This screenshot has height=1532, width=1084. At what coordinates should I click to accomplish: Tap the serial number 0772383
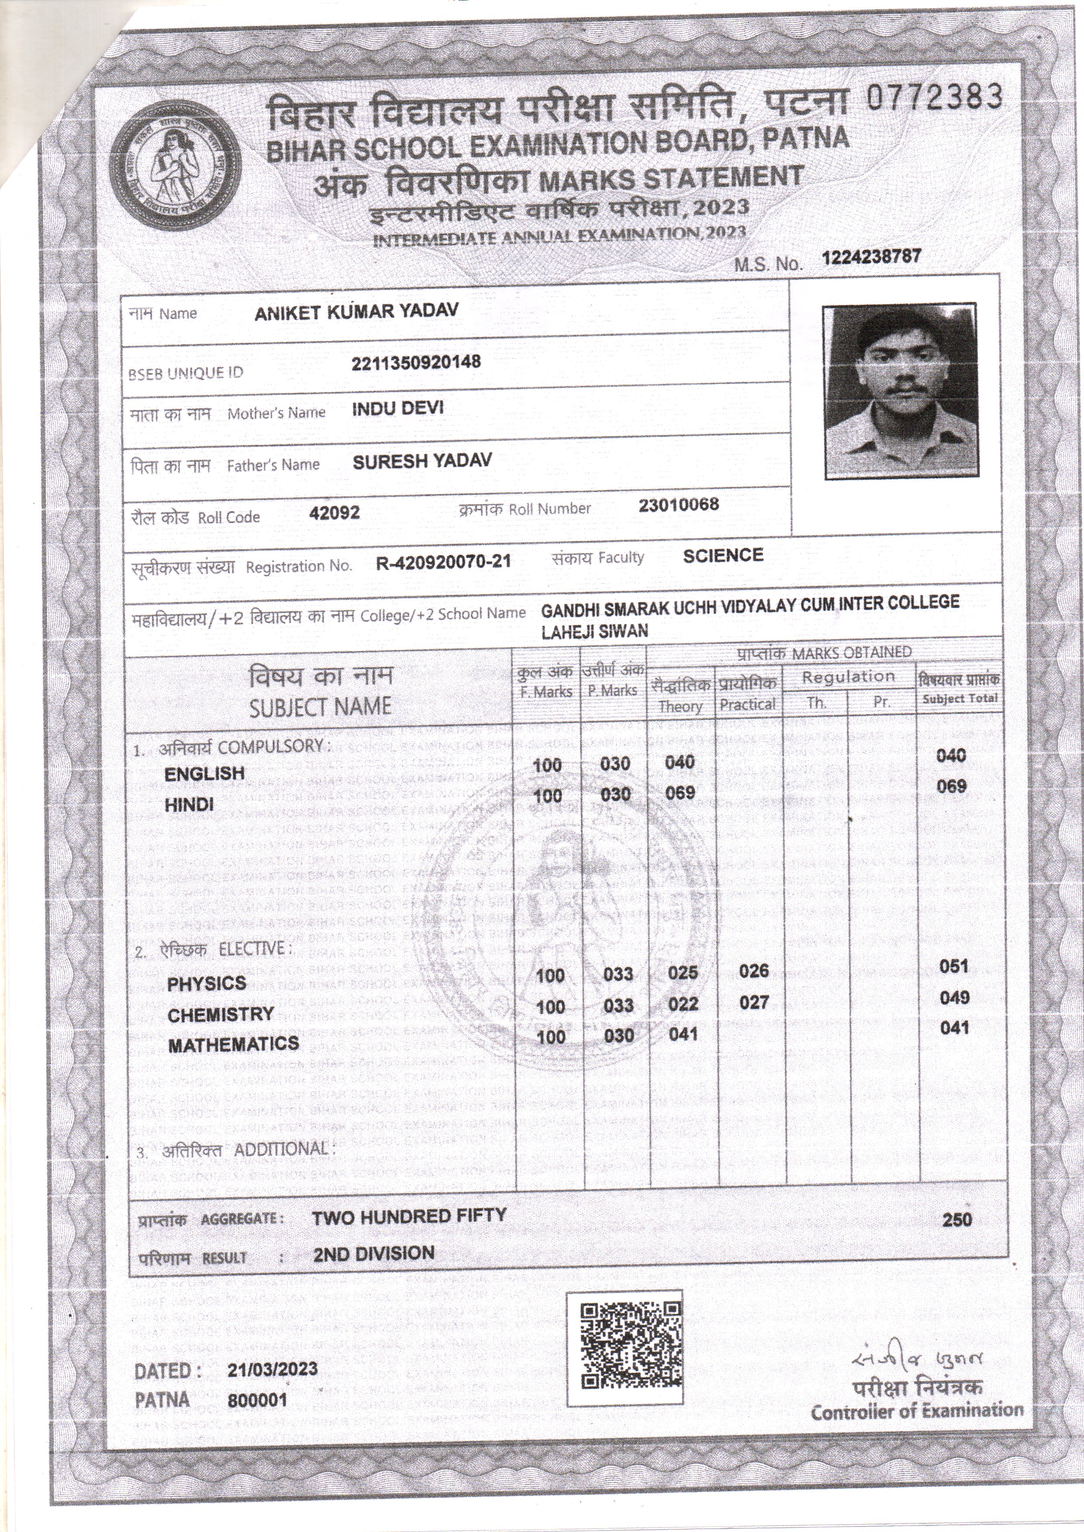pyautogui.click(x=935, y=97)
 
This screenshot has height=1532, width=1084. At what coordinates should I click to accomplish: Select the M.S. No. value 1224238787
pyautogui.click(x=872, y=257)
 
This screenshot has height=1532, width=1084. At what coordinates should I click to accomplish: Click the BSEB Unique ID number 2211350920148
pyautogui.click(x=416, y=363)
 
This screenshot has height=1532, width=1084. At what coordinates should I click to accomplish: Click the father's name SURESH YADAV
pyautogui.click(x=422, y=461)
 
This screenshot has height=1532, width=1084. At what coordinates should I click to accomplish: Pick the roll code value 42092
pyautogui.click(x=335, y=512)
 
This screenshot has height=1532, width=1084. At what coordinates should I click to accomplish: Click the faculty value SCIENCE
pyautogui.click(x=723, y=555)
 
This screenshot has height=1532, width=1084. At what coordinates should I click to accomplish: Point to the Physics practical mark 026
pyautogui.click(x=754, y=970)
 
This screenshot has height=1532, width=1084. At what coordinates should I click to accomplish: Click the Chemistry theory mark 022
pyautogui.click(x=683, y=1003)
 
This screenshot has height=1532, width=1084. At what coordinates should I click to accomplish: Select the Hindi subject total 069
pyautogui.click(x=951, y=787)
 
